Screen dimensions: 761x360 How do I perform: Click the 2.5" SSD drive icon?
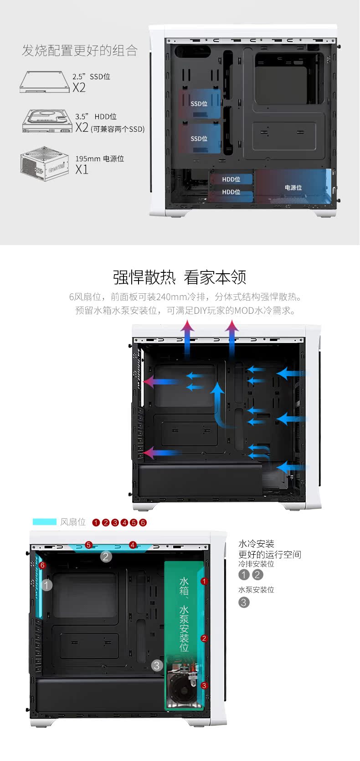(x=45, y=82)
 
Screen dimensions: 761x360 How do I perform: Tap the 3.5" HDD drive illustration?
(x=47, y=121)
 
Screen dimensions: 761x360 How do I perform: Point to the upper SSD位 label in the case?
(x=199, y=104)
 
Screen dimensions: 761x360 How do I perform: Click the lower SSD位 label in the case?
(x=199, y=138)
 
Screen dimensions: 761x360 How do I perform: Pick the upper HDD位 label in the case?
(x=231, y=179)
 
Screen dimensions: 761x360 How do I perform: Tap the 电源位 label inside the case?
(x=293, y=188)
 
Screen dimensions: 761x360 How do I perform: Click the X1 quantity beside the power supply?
(x=82, y=170)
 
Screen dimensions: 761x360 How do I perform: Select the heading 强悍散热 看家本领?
(x=180, y=277)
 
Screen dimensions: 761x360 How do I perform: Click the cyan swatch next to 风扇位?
(x=44, y=521)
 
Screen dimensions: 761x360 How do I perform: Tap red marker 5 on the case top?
(x=88, y=545)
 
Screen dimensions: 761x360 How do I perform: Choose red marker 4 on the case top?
(x=133, y=545)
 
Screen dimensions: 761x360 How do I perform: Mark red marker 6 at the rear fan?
(x=42, y=565)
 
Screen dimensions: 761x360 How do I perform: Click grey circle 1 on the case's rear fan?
(x=46, y=585)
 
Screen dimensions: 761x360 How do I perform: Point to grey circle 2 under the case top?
(x=106, y=557)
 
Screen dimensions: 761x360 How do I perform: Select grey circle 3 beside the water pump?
(x=157, y=665)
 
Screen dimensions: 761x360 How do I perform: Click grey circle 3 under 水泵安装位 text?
(x=244, y=603)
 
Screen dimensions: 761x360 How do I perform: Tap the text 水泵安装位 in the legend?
(x=256, y=590)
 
